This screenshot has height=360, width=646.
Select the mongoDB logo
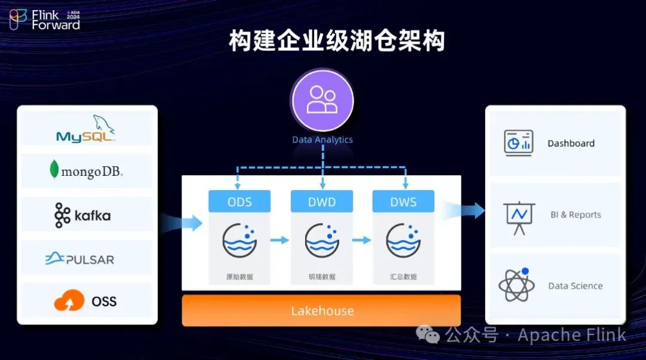tap(86, 172)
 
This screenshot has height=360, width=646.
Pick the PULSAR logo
tap(80, 259)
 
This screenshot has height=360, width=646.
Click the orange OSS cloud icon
tap(69, 301)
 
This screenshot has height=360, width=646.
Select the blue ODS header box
tap(239, 202)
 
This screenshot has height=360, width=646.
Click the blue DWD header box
tap(322, 202)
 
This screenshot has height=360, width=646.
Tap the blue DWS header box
tap(403, 202)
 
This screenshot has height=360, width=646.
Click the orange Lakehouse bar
tap(322, 311)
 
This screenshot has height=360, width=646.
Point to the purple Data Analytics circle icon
tap(322, 100)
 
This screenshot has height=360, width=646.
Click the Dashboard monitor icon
tap(518, 144)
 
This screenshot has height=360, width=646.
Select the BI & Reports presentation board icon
tap(519, 216)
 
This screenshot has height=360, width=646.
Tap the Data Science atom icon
tap(516, 285)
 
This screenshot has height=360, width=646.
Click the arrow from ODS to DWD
tap(279, 240)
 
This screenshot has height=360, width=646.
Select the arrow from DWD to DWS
tap(361, 240)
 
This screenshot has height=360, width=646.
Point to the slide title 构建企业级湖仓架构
tap(337, 42)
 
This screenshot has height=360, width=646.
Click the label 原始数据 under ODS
tap(239, 277)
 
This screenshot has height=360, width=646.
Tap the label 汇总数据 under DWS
tap(403, 277)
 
